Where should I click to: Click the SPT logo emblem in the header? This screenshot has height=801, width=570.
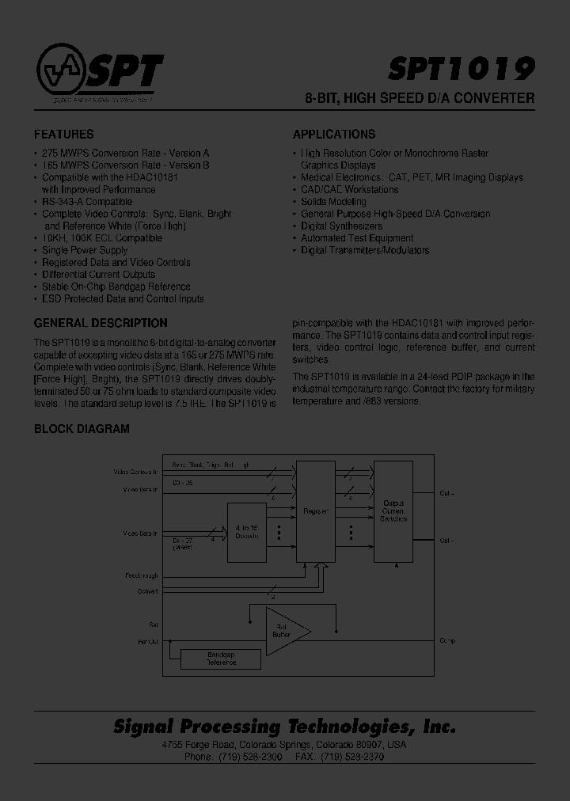pyautogui.click(x=60, y=73)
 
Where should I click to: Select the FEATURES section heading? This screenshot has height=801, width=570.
pyautogui.click(x=63, y=135)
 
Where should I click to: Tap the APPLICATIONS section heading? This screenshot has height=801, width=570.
pyautogui.click(x=334, y=135)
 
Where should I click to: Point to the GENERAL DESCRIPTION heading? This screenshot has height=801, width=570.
pyautogui.click(x=101, y=323)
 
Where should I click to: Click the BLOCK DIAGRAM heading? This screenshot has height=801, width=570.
pyautogui.click(x=82, y=429)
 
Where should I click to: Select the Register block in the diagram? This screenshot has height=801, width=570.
pyautogui.click(x=316, y=512)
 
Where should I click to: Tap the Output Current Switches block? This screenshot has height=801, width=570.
pyautogui.click(x=393, y=511)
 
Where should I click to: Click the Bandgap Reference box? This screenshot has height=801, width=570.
pyautogui.click(x=222, y=658)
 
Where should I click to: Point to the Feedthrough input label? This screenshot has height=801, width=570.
pyautogui.click(x=142, y=575)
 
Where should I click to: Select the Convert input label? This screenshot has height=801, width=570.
pyautogui.click(x=147, y=591)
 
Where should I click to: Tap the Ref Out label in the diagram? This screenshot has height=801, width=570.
pyautogui.click(x=147, y=640)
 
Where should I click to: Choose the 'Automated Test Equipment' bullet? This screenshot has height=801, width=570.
pyautogui.click(x=357, y=238)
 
